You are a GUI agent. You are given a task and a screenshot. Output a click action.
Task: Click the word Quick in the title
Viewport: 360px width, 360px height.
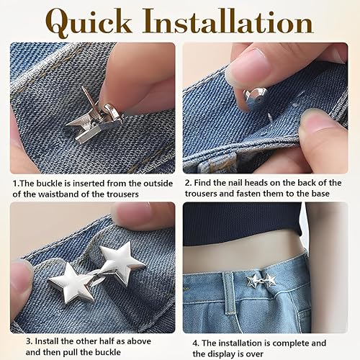(x=89, y=22)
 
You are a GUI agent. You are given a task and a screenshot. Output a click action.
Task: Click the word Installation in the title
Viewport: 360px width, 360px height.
(x=228, y=21)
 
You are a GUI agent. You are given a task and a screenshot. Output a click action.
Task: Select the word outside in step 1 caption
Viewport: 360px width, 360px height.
(x=158, y=184)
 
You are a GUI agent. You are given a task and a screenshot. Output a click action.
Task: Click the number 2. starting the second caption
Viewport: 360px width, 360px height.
(x=188, y=183)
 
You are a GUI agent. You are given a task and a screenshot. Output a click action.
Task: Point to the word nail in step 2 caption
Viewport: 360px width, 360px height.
(x=233, y=183)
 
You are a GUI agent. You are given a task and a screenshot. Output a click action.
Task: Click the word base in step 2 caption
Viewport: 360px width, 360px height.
(x=320, y=194)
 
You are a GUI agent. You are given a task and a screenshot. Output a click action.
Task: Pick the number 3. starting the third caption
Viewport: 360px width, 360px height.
(x=29, y=341)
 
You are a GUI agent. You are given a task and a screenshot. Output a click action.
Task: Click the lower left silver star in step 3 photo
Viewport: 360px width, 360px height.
(x=71, y=282)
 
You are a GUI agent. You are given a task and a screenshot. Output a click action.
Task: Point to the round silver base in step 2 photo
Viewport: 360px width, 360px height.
(x=256, y=99)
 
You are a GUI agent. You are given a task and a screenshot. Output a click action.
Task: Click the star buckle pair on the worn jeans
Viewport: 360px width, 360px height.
(x=261, y=280)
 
